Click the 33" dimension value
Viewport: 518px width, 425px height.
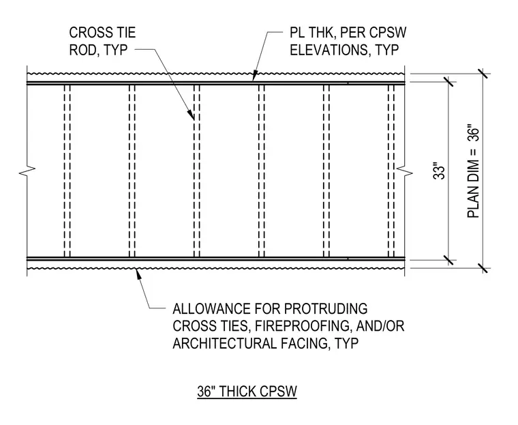pyautogui.click(x=439, y=171)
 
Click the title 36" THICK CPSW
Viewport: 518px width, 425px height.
pyautogui.click(x=247, y=392)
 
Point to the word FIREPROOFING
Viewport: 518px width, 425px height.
pyautogui.click(x=302, y=326)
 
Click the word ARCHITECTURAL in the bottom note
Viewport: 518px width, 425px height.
pyautogui.click(x=224, y=343)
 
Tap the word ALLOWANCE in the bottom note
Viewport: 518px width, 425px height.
pyautogui.click(x=212, y=308)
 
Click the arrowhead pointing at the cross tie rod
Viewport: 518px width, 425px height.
pyautogui.click(x=192, y=114)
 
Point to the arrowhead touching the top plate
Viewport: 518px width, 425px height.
pyautogui.click(x=254, y=76)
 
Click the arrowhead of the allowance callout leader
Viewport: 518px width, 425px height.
pyautogui.click(x=138, y=274)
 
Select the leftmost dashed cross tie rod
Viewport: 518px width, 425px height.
pyautogui.click(x=67, y=171)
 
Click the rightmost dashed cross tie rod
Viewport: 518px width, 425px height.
pyautogui.click(x=391, y=171)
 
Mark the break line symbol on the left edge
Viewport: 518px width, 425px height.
pyautogui.click(x=27, y=171)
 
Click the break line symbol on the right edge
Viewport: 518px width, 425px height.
pyautogui.click(x=404, y=172)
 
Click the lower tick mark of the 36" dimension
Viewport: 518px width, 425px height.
pyautogui.click(x=483, y=268)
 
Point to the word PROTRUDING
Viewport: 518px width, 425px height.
pyautogui.click(x=326, y=308)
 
